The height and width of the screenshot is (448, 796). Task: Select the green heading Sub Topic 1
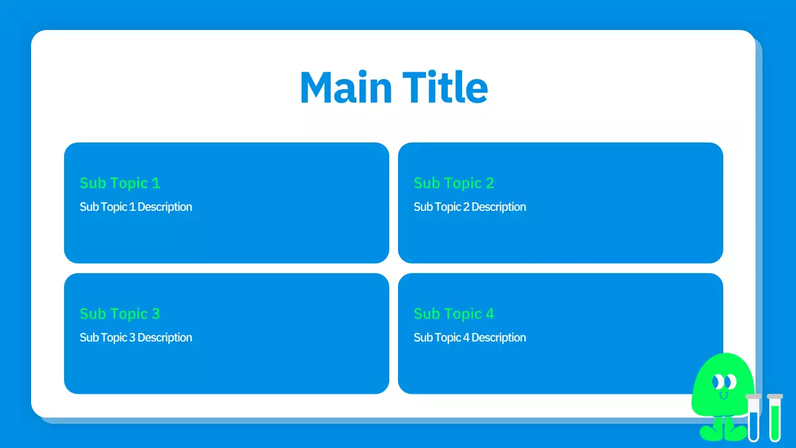point(120,183)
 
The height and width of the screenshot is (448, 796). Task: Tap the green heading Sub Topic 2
point(454,183)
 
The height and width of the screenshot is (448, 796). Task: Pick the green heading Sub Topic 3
point(120,314)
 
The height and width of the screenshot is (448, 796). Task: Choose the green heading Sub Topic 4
point(454,314)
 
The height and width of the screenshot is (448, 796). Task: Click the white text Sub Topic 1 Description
point(136,207)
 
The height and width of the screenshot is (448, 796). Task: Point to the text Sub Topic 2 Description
point(470,207)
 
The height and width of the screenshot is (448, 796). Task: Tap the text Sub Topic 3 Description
point(136,337)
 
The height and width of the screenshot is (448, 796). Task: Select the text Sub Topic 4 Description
point(470,337)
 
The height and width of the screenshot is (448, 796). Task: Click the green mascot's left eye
point(718,381)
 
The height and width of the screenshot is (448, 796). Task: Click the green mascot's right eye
point(730,381)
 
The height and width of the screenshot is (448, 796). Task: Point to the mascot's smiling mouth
point(723,394)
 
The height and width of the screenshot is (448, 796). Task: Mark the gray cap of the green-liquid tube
point(775,396)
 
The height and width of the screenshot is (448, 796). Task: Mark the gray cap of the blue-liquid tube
point(754,396)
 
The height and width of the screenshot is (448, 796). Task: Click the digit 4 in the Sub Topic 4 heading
point(489,314)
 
